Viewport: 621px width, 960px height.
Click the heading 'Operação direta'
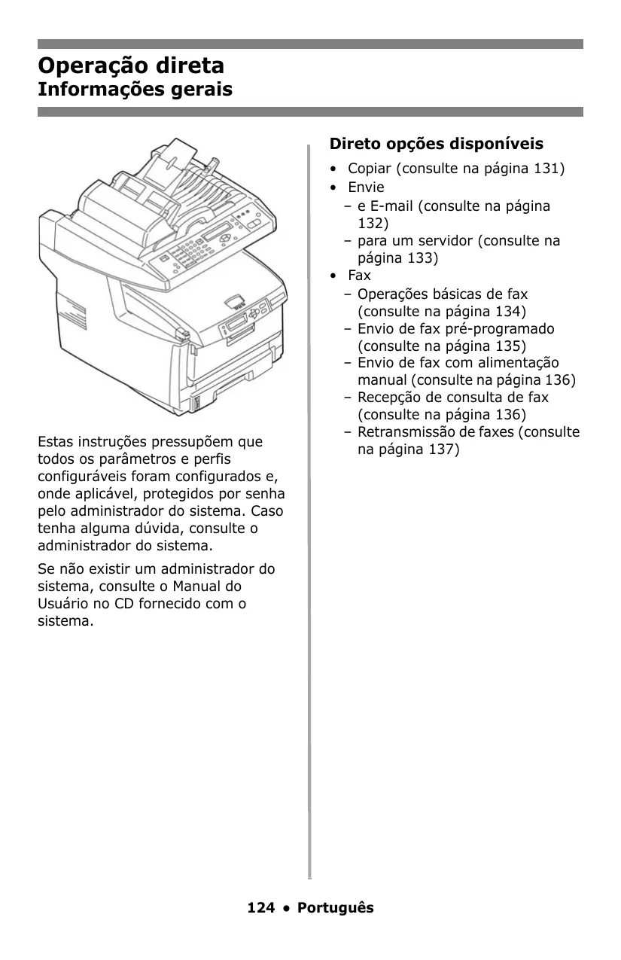pyautogui.click(x=131, y=66)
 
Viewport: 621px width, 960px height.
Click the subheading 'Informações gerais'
pyautogui.click(x=135, y=90)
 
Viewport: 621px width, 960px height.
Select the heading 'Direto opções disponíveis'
pyautogui.click(x=437, y=143)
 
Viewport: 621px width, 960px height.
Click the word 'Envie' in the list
pyautogui.click(x=366, y=187)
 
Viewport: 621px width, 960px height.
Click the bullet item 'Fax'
pyautogui.click(x=359, y=276)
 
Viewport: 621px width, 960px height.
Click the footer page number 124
pyautogui.click(x=260, y=907)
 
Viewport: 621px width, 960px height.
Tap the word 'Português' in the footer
pyautogui.click(x=335, y=907)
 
